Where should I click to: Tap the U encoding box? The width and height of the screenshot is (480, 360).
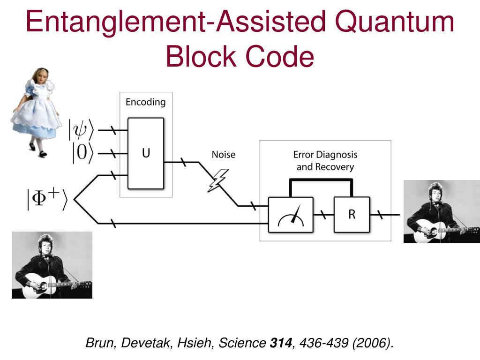[x=146, y=153]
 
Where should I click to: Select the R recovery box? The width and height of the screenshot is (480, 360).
[x=352, y=215]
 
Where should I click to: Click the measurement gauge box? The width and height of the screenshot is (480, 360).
[x=291, y=215]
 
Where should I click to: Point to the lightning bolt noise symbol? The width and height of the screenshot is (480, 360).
[x=217, y=180]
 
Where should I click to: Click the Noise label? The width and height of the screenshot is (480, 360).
[x=224, y=155]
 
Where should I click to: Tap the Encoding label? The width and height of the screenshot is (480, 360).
[x=145, y=102]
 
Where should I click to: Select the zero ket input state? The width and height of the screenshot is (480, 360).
[x=82, y=153]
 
